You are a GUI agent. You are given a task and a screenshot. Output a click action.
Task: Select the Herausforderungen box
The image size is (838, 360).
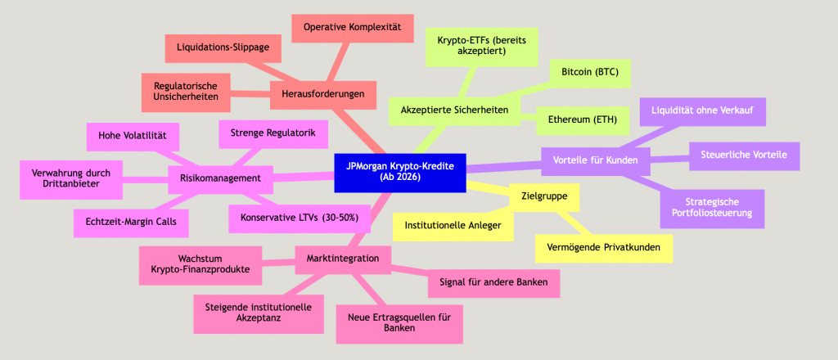(323, 94)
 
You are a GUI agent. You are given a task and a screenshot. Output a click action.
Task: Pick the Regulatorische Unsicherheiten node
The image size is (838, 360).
(185, 90)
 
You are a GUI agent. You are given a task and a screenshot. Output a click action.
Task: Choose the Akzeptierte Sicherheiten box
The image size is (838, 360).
(455, 110)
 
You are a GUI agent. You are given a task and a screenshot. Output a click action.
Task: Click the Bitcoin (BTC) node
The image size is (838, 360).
(590, 73)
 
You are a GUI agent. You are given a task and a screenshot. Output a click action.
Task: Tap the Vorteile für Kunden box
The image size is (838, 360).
(596, 160)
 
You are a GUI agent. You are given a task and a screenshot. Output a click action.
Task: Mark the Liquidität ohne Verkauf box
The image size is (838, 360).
(702, 110)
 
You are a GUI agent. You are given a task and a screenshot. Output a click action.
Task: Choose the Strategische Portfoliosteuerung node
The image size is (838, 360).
(711, 209)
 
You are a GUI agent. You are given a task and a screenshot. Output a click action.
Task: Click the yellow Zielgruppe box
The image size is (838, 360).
(544, 196)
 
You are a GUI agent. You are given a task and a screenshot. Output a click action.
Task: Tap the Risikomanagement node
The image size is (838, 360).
(219, 178)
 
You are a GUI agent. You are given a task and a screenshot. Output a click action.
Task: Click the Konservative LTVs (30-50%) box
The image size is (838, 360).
(300, 218)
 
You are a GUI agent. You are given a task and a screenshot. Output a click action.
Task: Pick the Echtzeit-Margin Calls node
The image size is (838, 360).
(131, 220)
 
